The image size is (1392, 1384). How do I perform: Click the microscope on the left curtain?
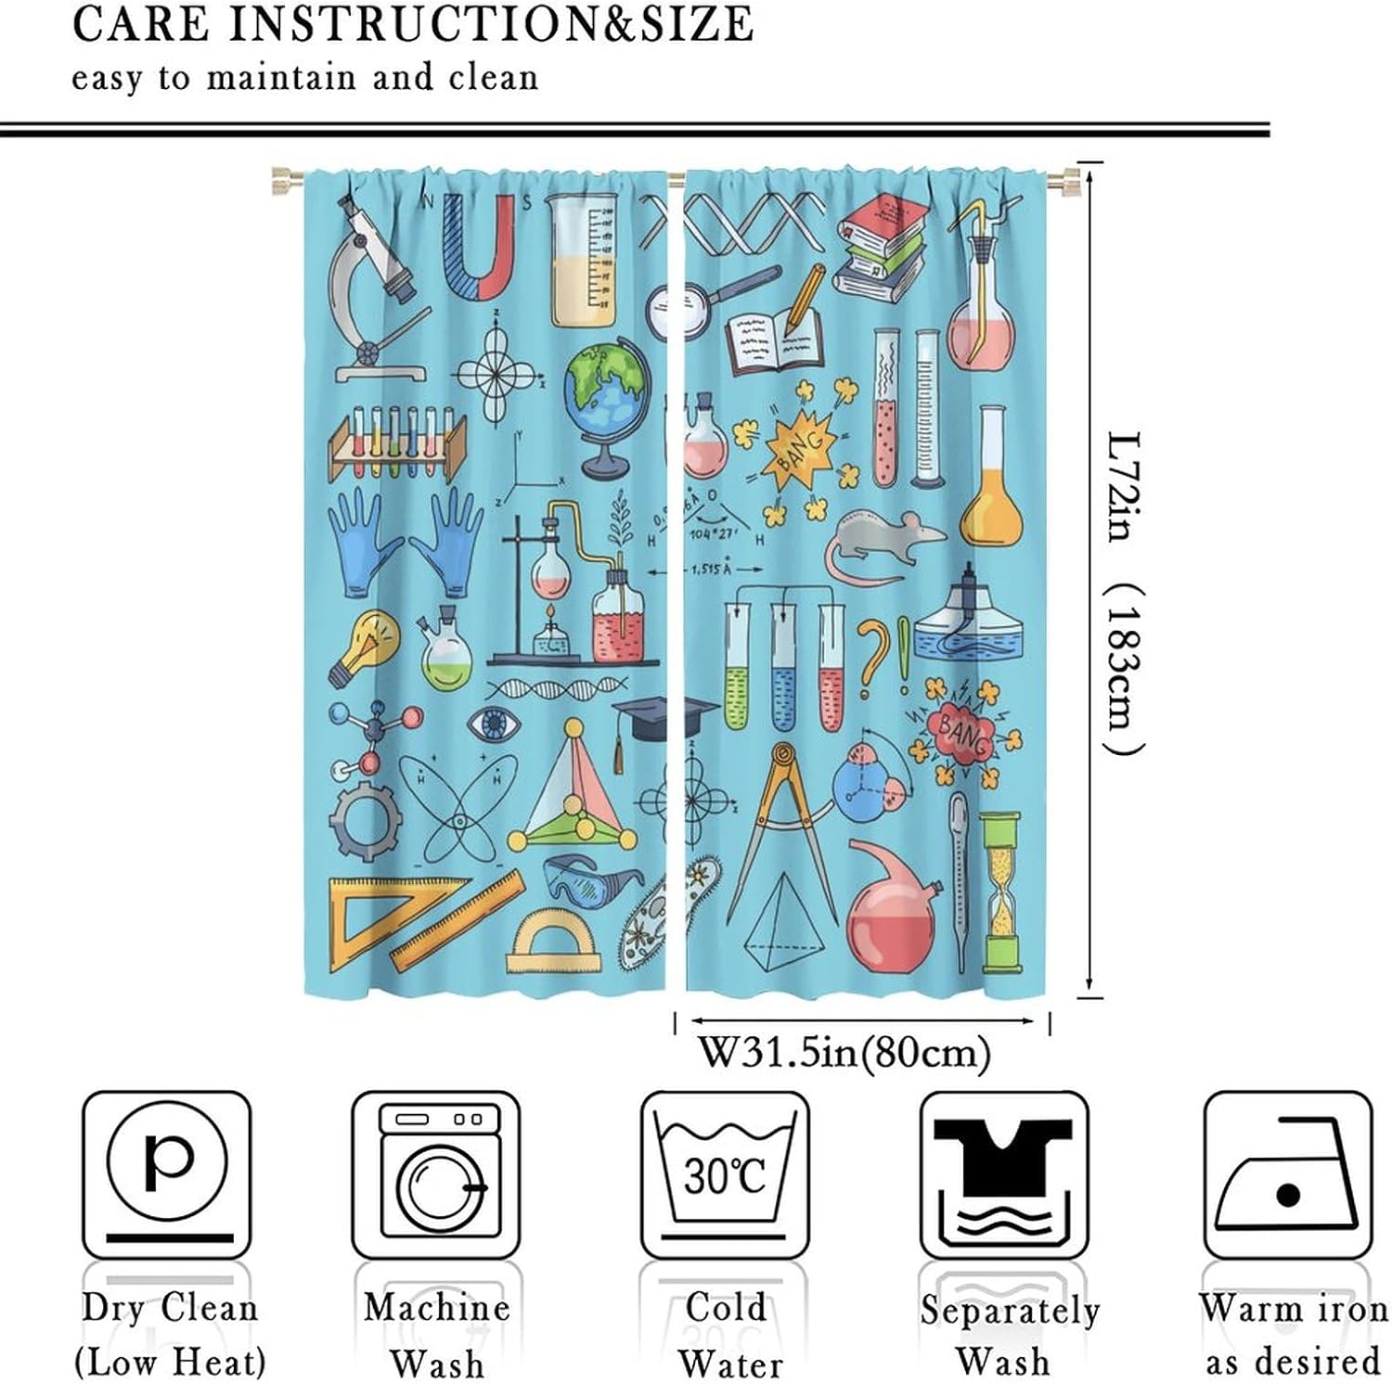(x=376, y=288)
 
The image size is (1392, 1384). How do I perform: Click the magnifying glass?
(x=705, y=297)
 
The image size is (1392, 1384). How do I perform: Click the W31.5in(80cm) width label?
(x=844, y=1053)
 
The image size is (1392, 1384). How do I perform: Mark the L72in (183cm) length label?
(x=1126, y=594)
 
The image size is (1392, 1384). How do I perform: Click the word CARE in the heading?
(x=138, y=24)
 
